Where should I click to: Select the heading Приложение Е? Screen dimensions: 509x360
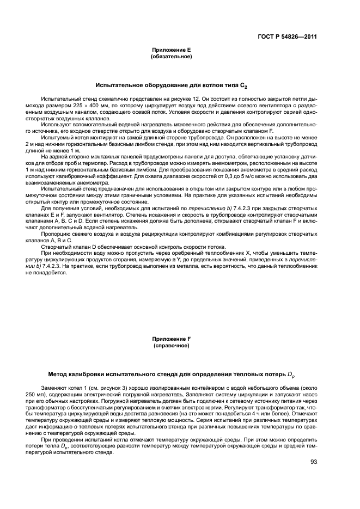171,50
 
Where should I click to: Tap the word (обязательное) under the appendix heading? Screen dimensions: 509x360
171,56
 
